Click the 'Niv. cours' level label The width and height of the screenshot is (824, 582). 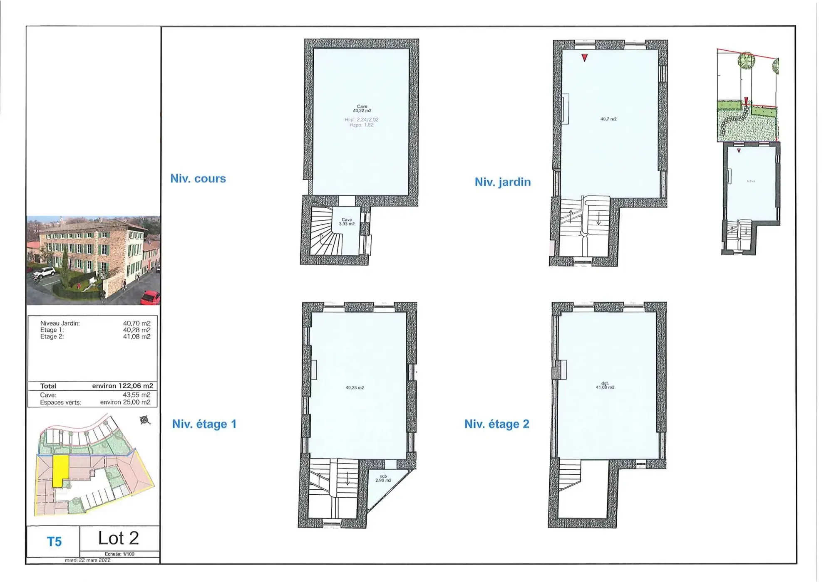[x=198, y=179]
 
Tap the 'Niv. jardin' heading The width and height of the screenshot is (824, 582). [x=502, y=182]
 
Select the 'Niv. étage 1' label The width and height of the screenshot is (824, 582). [x=204, y=424]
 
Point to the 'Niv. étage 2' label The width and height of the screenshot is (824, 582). [x=496, y=424]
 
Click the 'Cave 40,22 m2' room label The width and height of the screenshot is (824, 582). [x=362, y=109]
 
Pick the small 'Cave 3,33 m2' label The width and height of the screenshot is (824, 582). [x=346, y=222]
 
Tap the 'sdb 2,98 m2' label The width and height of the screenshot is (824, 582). [x=383, y=478]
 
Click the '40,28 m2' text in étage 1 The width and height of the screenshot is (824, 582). [x=355, y=387]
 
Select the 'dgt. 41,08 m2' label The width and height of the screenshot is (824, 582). [x=605, y=385]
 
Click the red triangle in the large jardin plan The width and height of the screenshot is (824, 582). [x=584, y=57]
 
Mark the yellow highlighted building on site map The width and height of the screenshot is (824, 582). [x=60, y=470]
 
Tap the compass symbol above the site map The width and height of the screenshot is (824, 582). [x=144, y=420]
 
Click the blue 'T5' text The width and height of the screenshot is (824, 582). [x=54, y=542]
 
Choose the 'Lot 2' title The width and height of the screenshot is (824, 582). [x=118, y=538]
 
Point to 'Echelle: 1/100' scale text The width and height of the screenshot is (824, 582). [x=119, y=554]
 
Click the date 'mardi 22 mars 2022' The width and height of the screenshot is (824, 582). [x=87, y=560]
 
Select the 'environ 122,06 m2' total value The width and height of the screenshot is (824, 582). [x=122, y=386]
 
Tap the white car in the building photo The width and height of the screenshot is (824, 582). [x=44, y=272]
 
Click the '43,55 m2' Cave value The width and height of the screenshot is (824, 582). [x=137, y=395]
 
